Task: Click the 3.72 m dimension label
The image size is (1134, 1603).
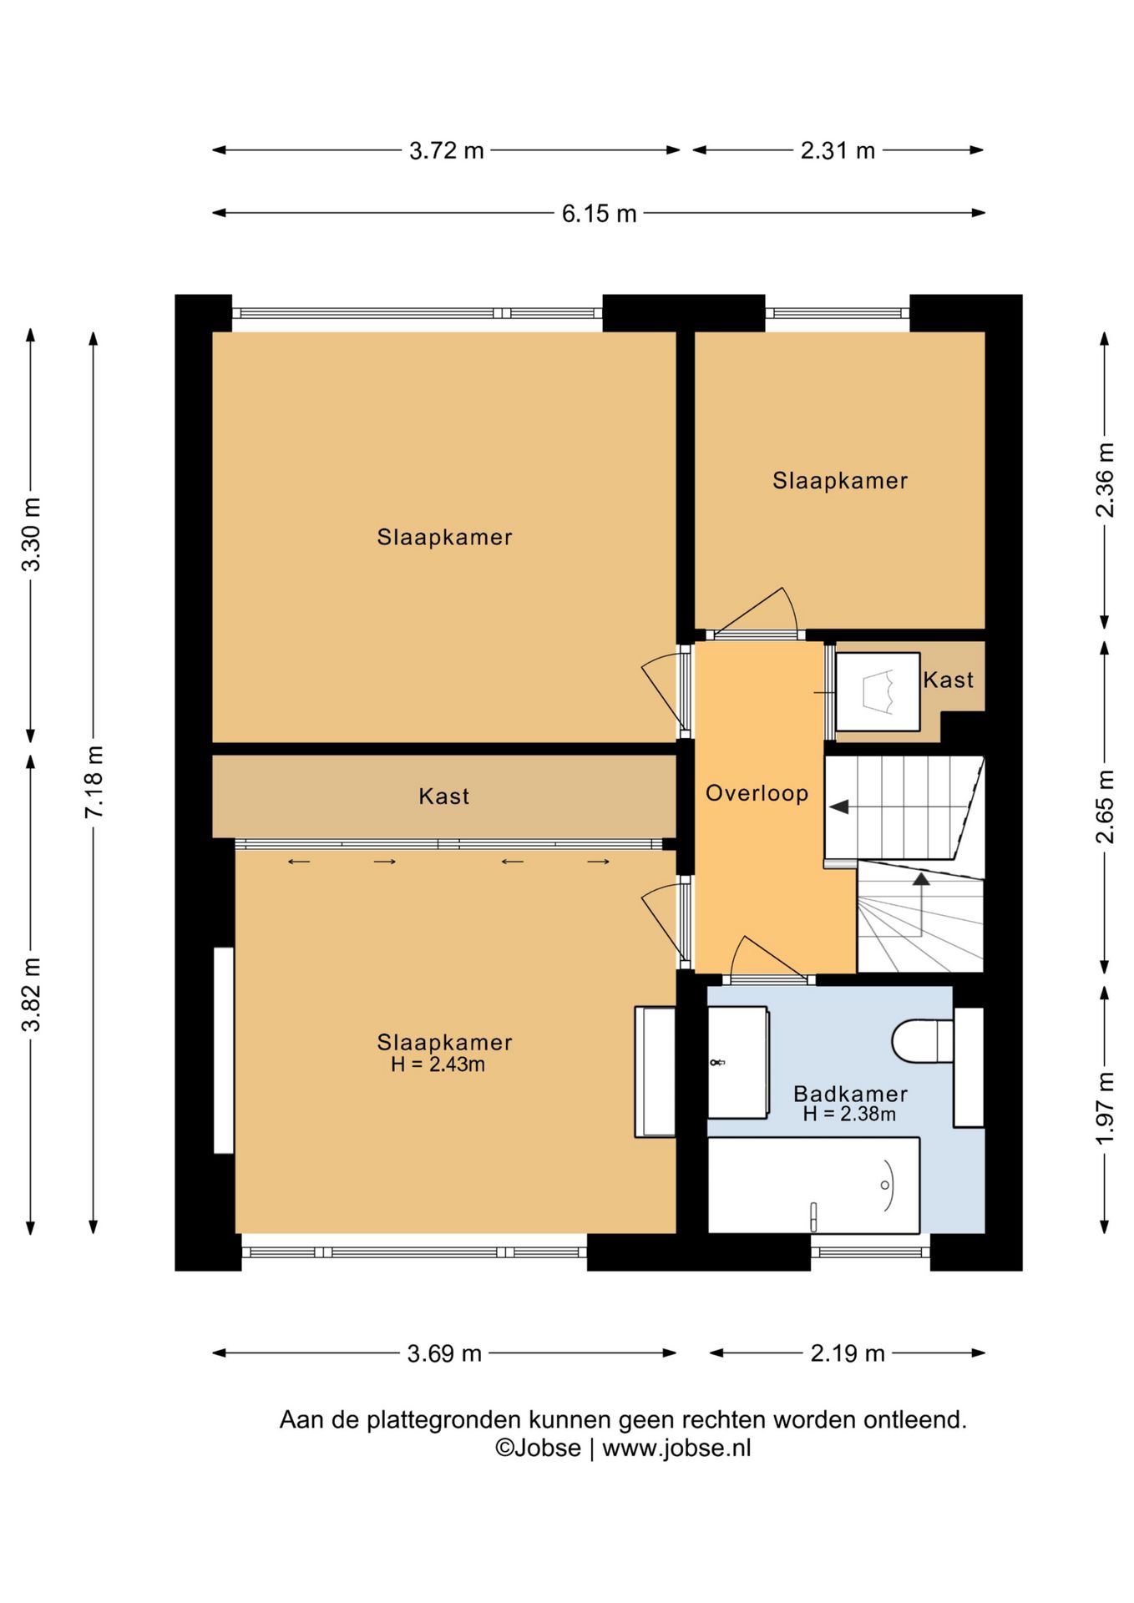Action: pos(447,150)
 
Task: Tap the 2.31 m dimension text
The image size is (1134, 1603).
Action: pos(838,150)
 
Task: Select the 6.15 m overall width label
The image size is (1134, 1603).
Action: pos(599,214)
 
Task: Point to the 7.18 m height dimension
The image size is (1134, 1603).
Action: pos(94,781)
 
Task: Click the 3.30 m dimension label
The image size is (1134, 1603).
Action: pos(32,534)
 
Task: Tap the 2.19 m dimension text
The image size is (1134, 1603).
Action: pos(848,1353)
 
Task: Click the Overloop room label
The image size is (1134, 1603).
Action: pos(757,793)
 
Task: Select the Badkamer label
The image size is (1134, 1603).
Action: pos(850,1094)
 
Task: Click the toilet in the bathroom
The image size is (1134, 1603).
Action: pos(922,1041)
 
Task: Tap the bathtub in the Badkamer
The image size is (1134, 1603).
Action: pos(813,1185)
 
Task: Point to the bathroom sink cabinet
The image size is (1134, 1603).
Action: pos(738,1062)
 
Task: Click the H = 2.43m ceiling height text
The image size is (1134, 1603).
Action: pos(438,1064)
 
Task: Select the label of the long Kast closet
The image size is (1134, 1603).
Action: pos(443,796)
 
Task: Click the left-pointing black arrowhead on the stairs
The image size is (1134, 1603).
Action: pos(838,807)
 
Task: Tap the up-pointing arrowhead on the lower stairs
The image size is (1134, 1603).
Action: pos(921,878)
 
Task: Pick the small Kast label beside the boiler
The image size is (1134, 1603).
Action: pos(948,680)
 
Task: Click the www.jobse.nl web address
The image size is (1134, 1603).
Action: pos(676,1448)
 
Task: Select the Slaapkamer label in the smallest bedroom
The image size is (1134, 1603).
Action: pos(839,481)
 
